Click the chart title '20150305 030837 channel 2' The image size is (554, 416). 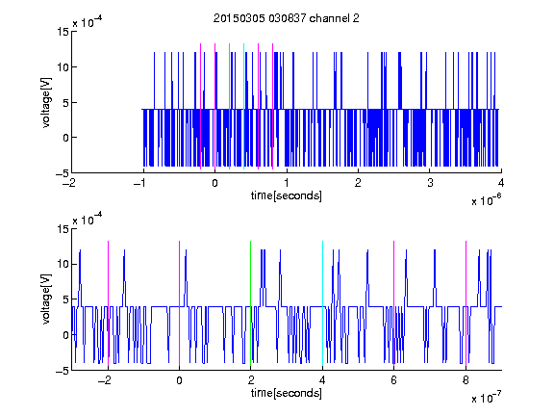pos(287,18)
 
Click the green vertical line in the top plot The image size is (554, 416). pos(229,106)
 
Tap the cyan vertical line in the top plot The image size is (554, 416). pos(243,106)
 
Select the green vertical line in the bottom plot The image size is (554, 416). pos(250,303)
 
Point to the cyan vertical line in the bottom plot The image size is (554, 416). pos(322,303)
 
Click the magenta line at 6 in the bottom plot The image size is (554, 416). pos(394,303)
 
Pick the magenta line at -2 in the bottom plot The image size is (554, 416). pos(108,303)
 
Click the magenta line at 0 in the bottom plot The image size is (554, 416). pos(179,303)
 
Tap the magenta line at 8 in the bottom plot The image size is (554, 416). pos(466,303)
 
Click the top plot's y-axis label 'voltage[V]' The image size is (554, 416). pos(46,103)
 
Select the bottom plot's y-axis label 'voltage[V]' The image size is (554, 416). pos(46,299)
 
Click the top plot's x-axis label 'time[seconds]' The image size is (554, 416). pos(287,195)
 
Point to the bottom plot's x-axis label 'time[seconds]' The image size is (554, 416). pos(287,393)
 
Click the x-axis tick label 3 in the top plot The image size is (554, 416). pos(430,183)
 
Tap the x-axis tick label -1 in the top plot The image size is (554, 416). pos(141,183)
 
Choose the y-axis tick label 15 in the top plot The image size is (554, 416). pos(63,32)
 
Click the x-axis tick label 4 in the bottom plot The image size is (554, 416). pos(322,380)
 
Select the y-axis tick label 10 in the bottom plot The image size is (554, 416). pos(63,264)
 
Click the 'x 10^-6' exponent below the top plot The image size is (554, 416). pos(486,200)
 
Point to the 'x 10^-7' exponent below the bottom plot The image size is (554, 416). pos(486,398)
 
